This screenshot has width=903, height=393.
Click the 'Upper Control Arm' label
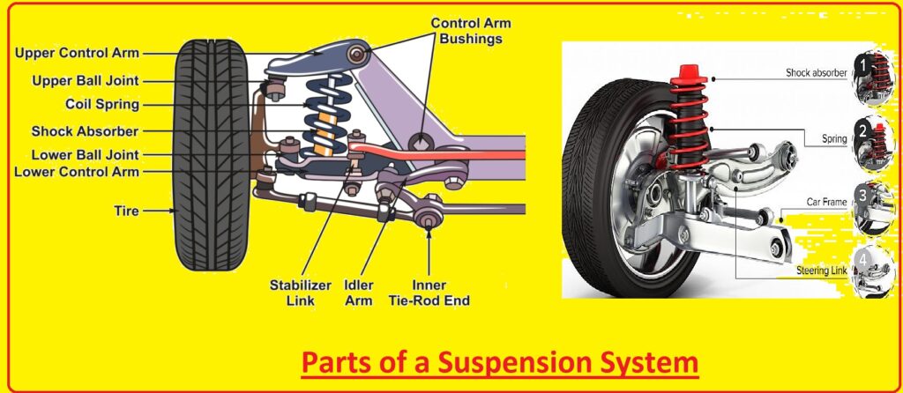77,54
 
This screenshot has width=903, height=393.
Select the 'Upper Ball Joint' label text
86,80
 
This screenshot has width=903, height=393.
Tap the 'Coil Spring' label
102,105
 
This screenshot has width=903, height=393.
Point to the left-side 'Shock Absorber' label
85,131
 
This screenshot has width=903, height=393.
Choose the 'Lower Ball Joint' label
85,155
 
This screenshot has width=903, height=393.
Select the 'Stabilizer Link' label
302,293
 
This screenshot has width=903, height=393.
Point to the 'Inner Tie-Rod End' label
429,293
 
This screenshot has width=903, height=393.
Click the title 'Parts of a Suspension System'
499,362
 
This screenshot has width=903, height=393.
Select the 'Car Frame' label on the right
826,202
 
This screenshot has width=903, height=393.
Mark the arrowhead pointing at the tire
173,211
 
